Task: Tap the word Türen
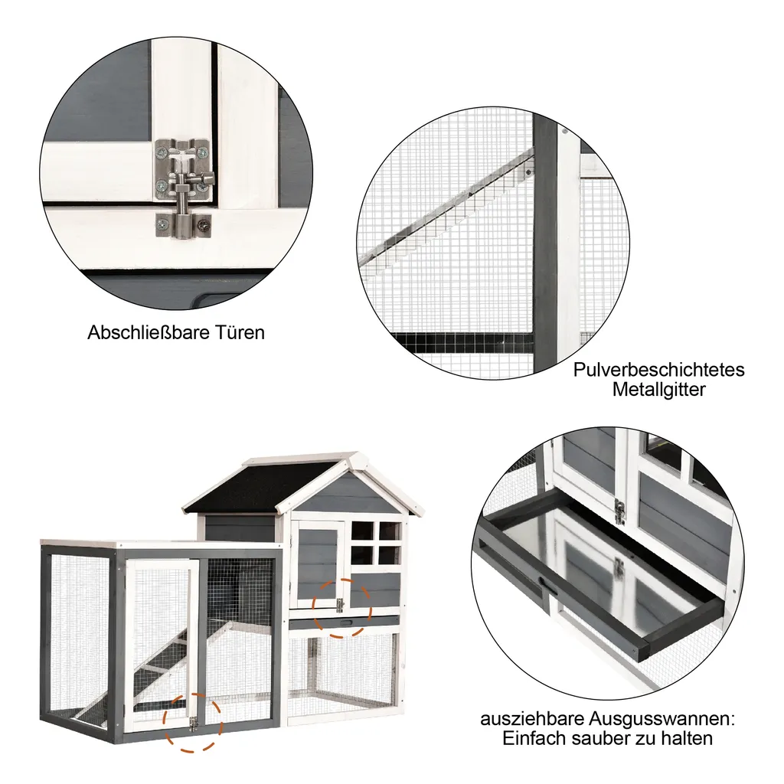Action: [x=240, y=333]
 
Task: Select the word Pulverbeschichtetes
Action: [x=659, y=370]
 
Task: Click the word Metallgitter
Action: [x=659, y=390]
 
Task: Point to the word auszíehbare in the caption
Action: [x=532, y=719]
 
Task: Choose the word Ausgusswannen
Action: [x=659, y=719]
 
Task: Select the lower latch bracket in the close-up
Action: [x=184, y=226]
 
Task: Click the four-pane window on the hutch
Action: [x=376, y=543]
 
